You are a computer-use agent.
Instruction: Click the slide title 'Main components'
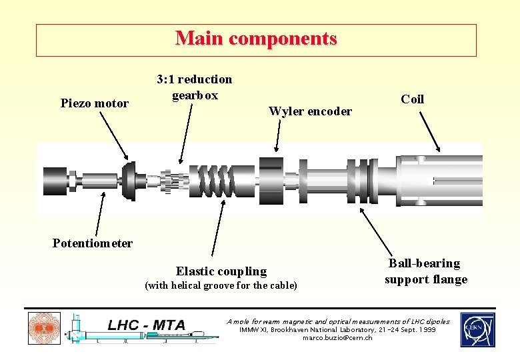click(256, 39)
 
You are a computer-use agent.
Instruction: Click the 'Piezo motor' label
click(94, 103)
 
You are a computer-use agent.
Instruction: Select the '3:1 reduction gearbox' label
click(194, 87)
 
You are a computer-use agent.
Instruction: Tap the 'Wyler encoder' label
click(310, 111)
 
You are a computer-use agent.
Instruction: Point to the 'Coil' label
click(412, 99)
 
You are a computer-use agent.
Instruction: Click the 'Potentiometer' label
click(93, 243)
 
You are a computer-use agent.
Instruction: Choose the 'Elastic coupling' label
click(221, 271)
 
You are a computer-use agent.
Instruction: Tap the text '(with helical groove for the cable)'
click(221, 286)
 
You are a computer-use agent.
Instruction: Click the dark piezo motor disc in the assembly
click(129, 180)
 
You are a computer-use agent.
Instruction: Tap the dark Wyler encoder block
click(271, 179)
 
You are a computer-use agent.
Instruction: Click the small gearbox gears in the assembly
click(174, 181)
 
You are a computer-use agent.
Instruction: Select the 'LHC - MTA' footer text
click(147, 325)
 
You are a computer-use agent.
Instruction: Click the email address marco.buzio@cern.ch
click(338, 338)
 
